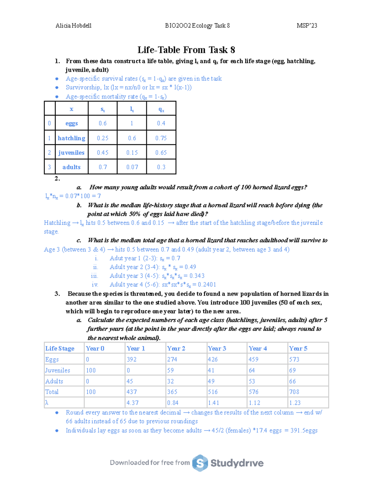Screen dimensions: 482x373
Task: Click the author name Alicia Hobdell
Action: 73,26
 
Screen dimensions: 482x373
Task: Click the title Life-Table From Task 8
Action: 186,50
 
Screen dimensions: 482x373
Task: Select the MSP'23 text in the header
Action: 307,26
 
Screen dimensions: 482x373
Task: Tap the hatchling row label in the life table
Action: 71,138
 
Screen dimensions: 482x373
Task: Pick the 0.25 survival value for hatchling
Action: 103,138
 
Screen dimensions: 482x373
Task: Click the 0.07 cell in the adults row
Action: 132,167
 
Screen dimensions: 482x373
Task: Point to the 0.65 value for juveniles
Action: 161,153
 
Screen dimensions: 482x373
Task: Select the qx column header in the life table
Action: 161,109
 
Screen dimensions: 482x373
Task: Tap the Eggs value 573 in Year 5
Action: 294,359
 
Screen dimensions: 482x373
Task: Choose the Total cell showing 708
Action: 294,392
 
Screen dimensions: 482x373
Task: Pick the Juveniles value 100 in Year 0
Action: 91,370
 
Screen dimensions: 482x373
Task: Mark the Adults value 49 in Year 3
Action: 211,381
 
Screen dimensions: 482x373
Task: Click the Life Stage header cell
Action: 60,349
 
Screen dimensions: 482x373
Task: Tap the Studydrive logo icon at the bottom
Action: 200,463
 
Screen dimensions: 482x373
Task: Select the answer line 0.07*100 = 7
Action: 73,196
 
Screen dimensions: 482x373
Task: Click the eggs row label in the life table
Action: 71,124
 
